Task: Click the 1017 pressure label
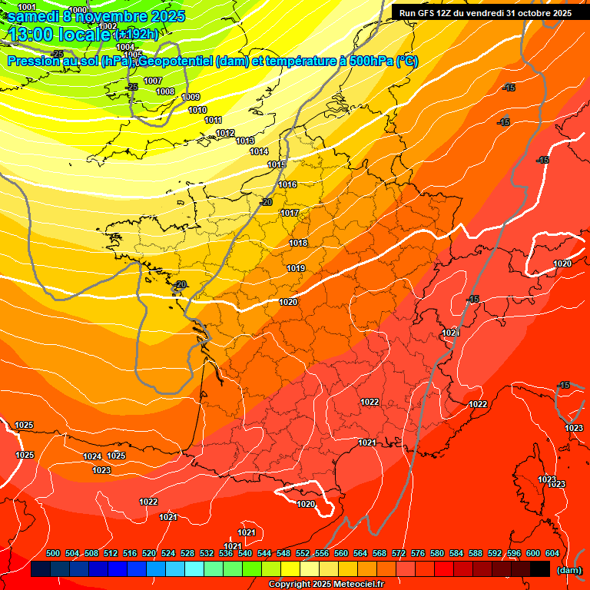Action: coord(290,213)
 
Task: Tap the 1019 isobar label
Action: coord(296,268)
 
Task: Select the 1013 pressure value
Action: coord(246,141)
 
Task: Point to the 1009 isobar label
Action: coord(191,97)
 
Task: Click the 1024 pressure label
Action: coord(92,456)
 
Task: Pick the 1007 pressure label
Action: coord(153,81)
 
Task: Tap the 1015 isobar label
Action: coord(277,165)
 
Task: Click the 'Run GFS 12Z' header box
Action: coord(485,12)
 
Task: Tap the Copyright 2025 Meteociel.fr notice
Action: coord(326,585)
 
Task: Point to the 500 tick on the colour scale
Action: coord(53,553)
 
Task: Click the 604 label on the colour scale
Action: coord(552,553)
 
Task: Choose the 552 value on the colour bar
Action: coord(303,553)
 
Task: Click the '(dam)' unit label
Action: coord(569,570)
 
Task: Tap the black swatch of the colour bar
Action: coord(539,569)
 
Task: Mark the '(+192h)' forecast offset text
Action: coord(136,35)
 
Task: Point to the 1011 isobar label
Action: coord(214,121)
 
